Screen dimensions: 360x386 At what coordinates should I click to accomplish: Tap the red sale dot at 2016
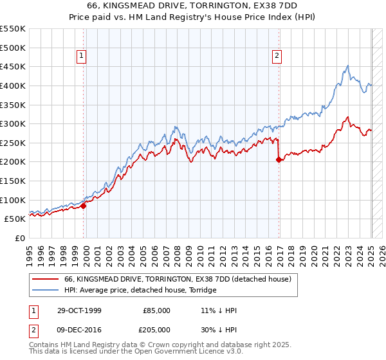click(x=279, y=160)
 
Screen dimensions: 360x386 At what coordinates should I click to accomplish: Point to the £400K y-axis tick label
click(x=13, y=85)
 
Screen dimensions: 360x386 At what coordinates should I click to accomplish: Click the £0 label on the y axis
click(x=20, y=238)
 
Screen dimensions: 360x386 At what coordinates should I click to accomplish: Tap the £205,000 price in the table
click(x=157, y=329)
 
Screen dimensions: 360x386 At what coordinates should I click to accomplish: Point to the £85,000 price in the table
click(x=157, y=310)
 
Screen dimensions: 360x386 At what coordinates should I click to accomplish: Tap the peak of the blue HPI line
click(x=348, y=66)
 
